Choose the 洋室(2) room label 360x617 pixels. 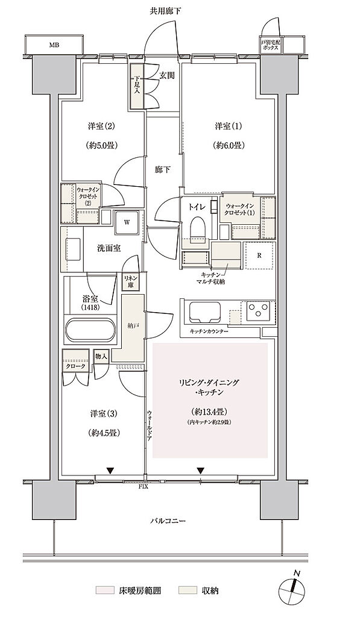(x=101, y=127)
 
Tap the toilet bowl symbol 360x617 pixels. (x=198, y=229)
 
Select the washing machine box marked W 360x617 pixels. (x=127, y=221)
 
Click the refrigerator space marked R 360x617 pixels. (x=259, y=255)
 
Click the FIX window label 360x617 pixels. (x=145, y=486)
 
